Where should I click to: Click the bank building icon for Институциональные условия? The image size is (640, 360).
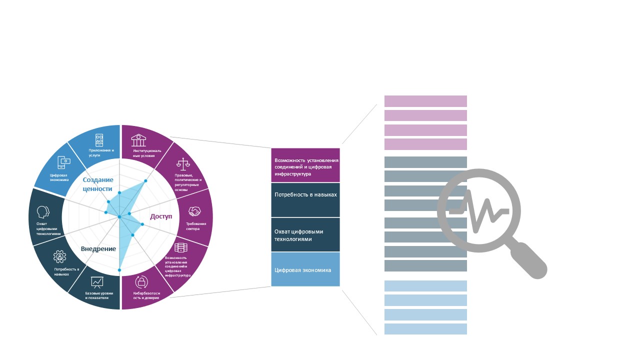coord(138,140)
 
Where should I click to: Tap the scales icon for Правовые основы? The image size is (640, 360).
coord(183,164)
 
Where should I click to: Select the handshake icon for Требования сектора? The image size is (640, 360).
coord(194,211)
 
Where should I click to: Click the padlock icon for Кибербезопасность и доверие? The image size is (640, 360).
coord(141,282)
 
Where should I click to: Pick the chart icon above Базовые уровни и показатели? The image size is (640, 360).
coord(97,282)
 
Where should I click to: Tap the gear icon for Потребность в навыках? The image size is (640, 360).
coord(60,257)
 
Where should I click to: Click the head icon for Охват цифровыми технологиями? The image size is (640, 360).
coord(43,212)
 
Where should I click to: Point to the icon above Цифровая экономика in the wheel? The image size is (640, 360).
coord(64,161)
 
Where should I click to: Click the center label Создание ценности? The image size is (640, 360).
coord(98,184)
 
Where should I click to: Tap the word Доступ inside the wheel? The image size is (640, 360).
coord(161,216)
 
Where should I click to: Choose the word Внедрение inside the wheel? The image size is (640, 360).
coord(98,249)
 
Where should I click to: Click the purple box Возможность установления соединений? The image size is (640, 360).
coord(305,165)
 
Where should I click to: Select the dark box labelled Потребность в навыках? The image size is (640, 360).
coord(305,199)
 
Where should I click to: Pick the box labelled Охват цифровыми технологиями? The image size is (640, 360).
coord(305,234)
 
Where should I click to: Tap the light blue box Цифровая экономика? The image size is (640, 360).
coord(305,269)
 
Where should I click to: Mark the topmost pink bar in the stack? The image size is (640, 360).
coord(425,101)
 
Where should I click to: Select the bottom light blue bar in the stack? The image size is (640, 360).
coord(425,329)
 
